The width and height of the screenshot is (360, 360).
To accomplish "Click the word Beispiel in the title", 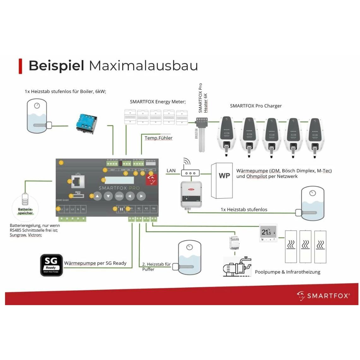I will click(56, 66).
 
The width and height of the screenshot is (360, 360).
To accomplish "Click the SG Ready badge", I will click(51, 265).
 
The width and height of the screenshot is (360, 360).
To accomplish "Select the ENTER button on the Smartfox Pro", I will click(119, 196).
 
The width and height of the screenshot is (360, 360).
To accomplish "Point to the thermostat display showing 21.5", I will click(268, 233).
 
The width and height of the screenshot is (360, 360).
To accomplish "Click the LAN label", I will click(171, 171).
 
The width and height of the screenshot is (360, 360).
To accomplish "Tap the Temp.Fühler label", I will click(158, 138).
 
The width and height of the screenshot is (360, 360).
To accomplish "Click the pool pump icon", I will click(237, 267).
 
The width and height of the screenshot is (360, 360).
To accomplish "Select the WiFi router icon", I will click(190, 170).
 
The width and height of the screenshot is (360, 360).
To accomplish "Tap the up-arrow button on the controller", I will click(97, 196).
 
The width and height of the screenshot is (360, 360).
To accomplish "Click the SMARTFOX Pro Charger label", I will click(256, 106).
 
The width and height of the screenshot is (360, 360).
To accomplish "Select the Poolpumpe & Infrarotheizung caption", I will click(287, 272).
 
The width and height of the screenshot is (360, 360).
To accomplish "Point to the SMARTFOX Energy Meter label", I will click(158, 102).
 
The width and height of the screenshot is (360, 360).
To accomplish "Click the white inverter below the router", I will click(191, 194).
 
